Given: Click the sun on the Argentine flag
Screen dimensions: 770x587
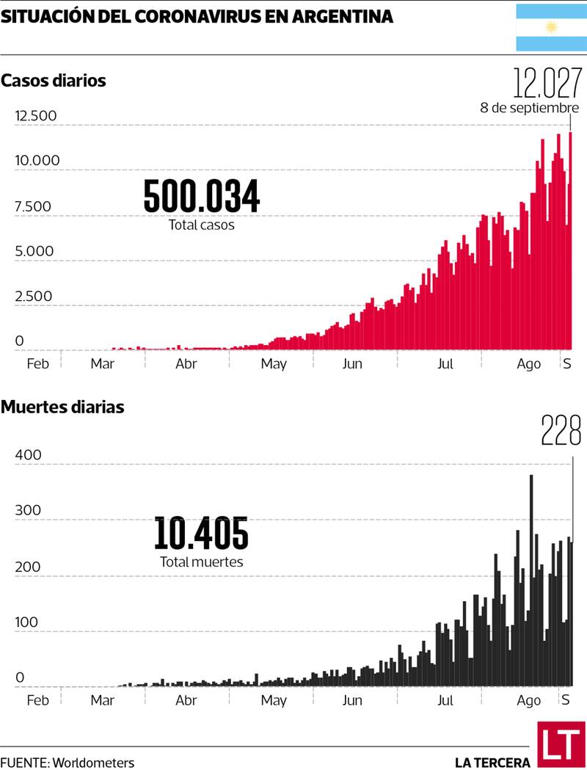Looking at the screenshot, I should click(x=551, y=27).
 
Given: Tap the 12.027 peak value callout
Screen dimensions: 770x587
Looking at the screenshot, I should click(x=546, y=84).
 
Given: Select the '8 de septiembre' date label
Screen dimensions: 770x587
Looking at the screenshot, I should click(x=530, y=108).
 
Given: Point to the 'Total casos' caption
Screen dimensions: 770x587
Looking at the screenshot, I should click(x=202, y=225).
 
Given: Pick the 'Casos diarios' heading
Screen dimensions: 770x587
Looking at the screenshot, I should click(x=54, y=81).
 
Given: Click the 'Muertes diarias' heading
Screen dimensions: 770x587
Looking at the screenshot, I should click(x=62, y=407).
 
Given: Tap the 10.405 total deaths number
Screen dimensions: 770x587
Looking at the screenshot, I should click(x=201, y=534).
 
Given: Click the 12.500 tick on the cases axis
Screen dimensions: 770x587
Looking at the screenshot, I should click(x=36, y=116).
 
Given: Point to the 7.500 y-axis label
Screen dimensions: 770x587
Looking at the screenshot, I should click(x=33, y=206).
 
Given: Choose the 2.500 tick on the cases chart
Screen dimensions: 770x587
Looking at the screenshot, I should click(x=33, y=297).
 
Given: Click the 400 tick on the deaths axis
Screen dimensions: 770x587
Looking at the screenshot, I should click(x=28, y=456).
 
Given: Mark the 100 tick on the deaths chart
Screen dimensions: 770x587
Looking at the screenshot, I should click(x=28, y=622).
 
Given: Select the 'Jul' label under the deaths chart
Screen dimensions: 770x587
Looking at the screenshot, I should click(x=445, y=700).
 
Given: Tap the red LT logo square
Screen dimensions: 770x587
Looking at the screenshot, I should click(x=561, y=744).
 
